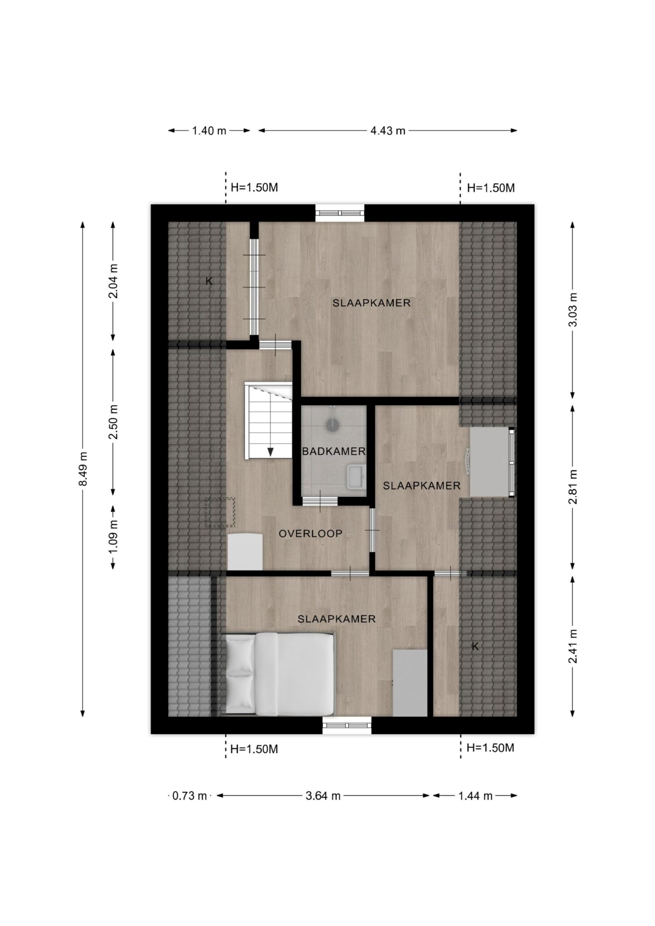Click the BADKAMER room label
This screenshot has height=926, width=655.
334,451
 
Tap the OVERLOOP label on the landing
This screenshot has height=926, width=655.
311,534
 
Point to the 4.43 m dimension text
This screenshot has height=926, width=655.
388,131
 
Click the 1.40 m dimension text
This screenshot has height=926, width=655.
209,131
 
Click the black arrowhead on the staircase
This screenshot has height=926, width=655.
270,452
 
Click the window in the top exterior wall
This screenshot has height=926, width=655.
340,213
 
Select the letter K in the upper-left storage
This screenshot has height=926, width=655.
209,281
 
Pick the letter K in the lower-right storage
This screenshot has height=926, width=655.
476,646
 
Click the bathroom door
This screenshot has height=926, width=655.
320,501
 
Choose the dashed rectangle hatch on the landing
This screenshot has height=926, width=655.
220,512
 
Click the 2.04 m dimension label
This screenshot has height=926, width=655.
114,281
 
